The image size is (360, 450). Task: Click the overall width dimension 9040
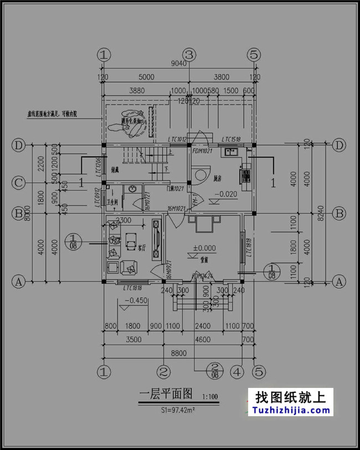tap(179, 64)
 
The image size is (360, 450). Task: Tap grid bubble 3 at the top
tap(189, 54)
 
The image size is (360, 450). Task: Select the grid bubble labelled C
tap(19, 182)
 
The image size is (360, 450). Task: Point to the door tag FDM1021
tap(203, 151)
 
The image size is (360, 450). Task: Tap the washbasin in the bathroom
tap(132, 189)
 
